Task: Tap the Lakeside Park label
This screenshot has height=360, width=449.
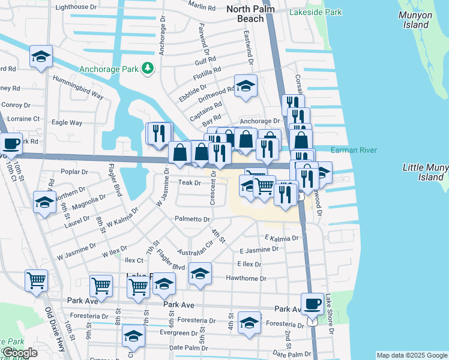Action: coord(315,12)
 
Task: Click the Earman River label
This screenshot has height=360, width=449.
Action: coord(355,149)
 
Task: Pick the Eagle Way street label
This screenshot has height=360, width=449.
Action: coord(67,122)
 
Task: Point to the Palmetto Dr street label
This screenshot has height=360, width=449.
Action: coord(191,219)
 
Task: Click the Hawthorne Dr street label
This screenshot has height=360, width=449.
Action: coord(246,278)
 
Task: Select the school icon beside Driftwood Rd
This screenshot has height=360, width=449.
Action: coord(246,86)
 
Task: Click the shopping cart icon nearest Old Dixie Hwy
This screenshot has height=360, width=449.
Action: coord(36,280)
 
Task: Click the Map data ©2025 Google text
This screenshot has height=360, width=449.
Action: coord(412,355)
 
